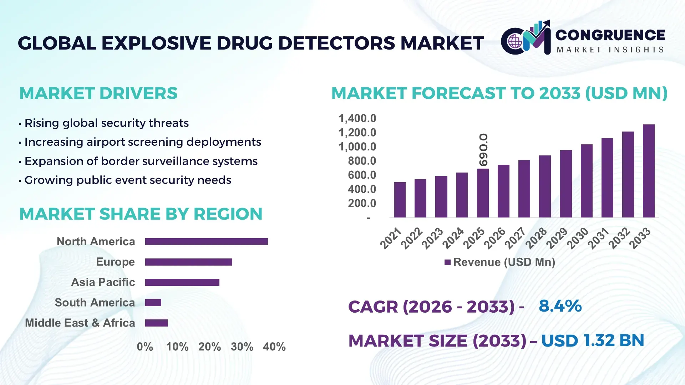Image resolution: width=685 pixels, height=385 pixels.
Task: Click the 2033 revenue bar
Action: click(648, 171)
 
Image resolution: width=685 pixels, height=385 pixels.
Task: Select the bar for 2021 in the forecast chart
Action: click(400, 200)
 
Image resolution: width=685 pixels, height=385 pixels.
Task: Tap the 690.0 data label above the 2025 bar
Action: click(483, 150)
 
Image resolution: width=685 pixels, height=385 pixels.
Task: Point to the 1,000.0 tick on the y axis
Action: click(357, 147)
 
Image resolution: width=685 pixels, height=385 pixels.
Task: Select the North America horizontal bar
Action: click(206, 242)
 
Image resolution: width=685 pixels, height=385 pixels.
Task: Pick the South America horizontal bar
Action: click(153, 303)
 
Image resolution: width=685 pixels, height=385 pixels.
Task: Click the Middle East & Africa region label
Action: click(80, 323)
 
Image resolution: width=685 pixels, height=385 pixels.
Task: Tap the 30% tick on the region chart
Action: click(242, 346)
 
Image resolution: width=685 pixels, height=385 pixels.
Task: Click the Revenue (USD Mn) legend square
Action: click(447, 263)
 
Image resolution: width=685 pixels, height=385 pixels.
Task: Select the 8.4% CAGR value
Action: click(560, 306)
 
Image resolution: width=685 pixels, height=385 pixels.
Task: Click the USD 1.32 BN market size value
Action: click(593, 340)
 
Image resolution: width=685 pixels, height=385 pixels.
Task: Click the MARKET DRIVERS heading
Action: click(98, 93)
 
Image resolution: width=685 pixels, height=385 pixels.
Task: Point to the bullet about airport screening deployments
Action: click(142, 142)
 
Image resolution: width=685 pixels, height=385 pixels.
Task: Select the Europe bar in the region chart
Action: click(188, 262)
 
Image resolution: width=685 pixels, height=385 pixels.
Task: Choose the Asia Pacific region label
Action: click(103, 282)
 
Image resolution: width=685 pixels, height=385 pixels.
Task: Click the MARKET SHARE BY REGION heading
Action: click(141, 214)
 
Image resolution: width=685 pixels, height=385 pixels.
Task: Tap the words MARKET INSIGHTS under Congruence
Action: click(610, 50)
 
